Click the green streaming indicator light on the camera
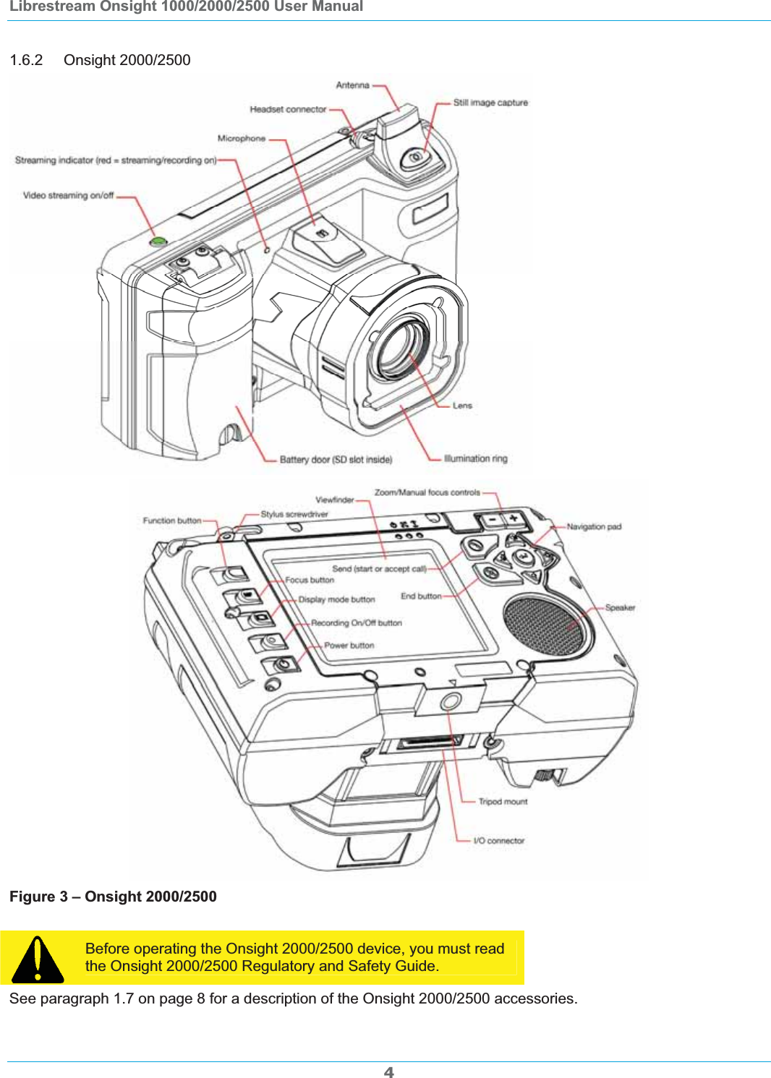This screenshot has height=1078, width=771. pyautogui.click(x=158, y=241)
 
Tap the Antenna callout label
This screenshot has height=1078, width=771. pyautogui.click(x=352, y=85)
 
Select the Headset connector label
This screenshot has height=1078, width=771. pyautogui.click(x=288, y=110)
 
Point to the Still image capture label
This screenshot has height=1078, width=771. pyautogui.click(x=490, y=103)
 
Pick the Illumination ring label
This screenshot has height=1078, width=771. pyautogui.click(x=475, y=458)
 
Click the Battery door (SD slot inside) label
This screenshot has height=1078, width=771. pyautogui.click(x=336, y=460)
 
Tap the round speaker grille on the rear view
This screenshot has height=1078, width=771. pyautogui.click(x=543, y=625)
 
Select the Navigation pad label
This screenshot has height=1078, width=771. pyautogui.click(x=594, y=527)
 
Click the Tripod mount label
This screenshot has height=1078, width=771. pyautogui.click(x=503, y=802)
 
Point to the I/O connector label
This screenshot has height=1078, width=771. pyautogui.click(x=498, y=841)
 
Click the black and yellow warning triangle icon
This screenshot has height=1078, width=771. pyautogui.click(x=38, y=959)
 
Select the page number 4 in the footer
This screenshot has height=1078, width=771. pyautogui.click(x=388, y=1072)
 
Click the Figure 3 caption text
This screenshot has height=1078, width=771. pyautogui.click(x=113, y=897)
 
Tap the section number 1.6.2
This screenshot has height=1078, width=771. pyautogui.click(x=26, y=60)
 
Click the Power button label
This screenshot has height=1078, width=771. pyautogui.click(x=349, y=646)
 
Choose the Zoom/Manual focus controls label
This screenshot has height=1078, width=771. pyautogui.click(x=427, y=492)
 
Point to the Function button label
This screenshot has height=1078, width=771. pyautogui.click(x=172, y=521)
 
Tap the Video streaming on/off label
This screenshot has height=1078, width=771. pyautogui.click(x=68, y=195)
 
